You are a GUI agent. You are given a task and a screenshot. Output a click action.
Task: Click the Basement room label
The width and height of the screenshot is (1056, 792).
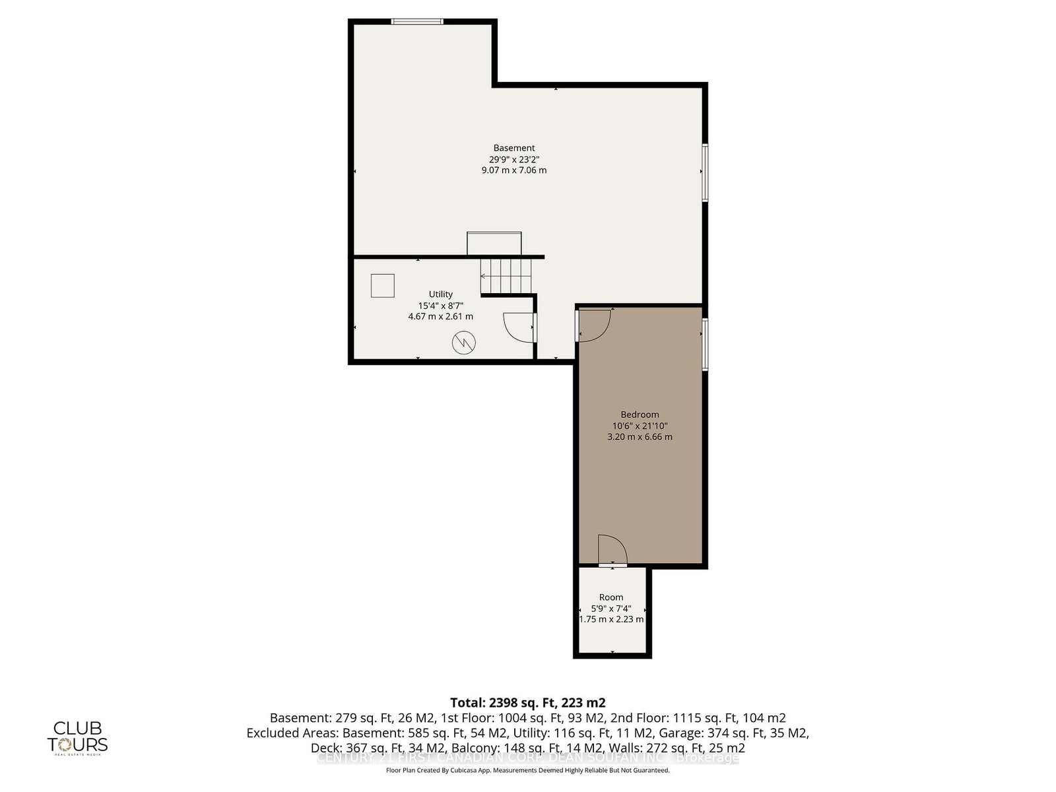(x=514, y=148)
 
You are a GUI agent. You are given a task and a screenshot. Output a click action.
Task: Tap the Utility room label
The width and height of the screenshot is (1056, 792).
(x=441, y=294)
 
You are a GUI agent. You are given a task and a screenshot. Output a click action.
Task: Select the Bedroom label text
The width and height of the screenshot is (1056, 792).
(x=640, y=414)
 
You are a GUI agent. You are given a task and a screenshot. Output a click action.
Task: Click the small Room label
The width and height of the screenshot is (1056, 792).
(x=611, y=597)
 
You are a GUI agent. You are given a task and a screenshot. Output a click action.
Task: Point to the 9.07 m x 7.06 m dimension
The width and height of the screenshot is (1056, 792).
(x=514, y=170)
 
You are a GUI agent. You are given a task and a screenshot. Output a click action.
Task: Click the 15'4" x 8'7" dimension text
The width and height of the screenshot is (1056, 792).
(x=441, y=306)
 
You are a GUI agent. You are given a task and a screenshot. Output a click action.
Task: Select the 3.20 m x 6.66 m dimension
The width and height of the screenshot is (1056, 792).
(x=640, y=437)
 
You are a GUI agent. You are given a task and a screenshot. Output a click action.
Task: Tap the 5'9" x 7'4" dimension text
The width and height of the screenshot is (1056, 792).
(x=611, y=609)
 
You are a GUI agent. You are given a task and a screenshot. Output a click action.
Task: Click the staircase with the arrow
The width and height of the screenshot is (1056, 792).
(x=506, y=276)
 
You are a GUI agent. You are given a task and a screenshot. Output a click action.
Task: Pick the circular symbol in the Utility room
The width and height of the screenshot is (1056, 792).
(x=463, y=343)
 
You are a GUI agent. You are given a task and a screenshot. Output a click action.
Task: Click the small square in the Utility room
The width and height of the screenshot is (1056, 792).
(x=383, y=286)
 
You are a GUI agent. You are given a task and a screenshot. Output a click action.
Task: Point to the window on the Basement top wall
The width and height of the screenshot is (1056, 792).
(x=416, y=22)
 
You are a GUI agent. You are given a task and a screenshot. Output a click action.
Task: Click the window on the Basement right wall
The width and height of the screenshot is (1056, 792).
(x=705, y=173)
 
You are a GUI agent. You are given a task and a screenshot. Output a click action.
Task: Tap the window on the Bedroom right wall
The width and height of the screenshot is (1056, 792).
(x=705, y=345)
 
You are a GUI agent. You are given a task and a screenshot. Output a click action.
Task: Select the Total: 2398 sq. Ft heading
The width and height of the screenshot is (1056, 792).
(x=527, y=702)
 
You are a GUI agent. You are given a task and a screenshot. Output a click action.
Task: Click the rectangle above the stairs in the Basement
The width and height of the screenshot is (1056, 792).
(x=494, y=243)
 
